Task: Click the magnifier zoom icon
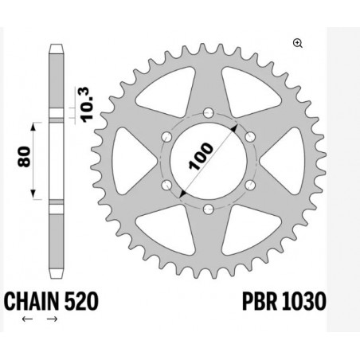[298, 44]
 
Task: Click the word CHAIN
[30, 302]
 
